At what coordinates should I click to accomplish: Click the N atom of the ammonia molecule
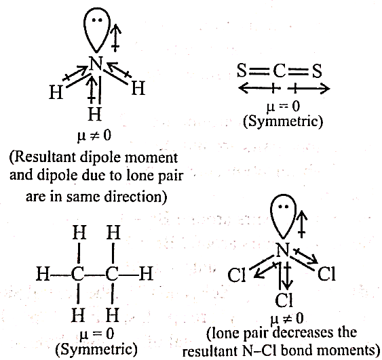[96, 64]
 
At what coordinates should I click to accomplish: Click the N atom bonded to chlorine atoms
[283, 249]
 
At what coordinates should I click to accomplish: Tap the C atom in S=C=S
[279, 71]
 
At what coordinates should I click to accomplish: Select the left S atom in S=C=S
[242, 71]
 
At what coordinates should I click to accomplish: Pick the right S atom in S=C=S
[317, 71]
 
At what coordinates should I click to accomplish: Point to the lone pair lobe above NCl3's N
[284, 216]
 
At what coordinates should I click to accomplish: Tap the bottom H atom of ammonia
[94, 114]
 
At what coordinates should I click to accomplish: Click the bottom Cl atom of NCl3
[284, 300]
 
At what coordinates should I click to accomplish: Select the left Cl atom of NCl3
[236, 275]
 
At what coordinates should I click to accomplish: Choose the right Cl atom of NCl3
[326, 274]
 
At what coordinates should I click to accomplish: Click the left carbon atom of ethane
[78, 274]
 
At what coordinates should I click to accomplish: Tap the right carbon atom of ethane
[112, 274]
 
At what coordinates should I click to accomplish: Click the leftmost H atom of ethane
[43, 274]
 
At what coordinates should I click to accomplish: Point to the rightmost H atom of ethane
[146, 274]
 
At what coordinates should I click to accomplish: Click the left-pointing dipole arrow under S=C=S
[259, 88]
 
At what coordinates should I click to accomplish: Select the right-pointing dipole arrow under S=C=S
[309, 89]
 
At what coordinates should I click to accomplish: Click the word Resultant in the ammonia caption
[45, 157]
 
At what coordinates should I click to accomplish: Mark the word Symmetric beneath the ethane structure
[96, 348]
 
